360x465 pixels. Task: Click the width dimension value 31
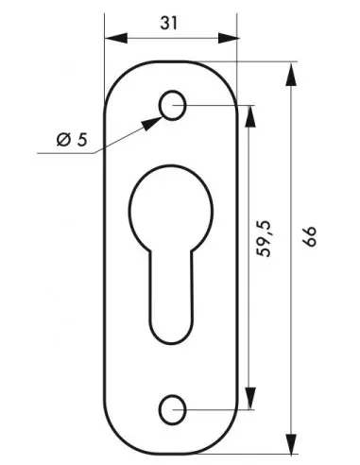point(169,23)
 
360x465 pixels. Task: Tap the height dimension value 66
point(309,236)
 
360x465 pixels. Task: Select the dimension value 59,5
point(264,239)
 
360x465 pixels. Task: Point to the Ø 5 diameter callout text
point(72,140)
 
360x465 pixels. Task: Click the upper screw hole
point(172,105)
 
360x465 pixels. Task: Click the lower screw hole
point(172,410)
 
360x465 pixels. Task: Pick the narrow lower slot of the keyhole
point(171,296)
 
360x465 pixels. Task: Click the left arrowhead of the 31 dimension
point(116,38)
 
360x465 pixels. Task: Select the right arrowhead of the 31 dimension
point(229,38)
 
